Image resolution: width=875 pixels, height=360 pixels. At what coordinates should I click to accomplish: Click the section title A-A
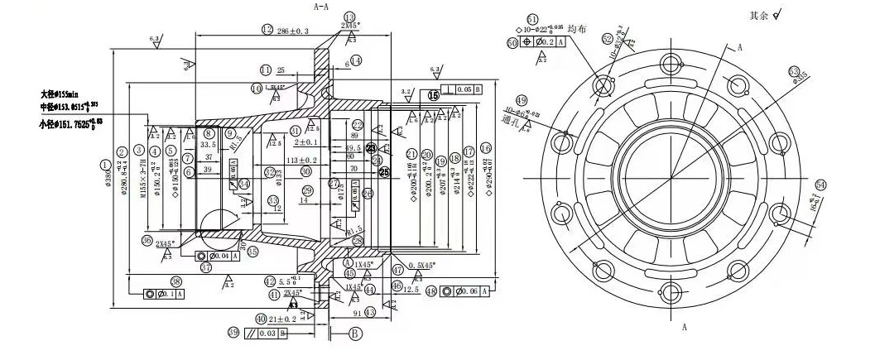(x=322, y=6)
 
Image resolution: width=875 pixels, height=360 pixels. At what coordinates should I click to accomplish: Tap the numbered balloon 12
(x=267, y=30)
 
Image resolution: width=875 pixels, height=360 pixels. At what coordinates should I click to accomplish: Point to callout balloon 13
(x=349, y=17)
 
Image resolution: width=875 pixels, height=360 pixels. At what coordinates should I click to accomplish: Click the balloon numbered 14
(x=356, y=60)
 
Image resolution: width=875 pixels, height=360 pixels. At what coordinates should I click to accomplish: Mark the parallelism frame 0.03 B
(x=267, y=333)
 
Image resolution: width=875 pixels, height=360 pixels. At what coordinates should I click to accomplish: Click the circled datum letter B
(x=355, y=334)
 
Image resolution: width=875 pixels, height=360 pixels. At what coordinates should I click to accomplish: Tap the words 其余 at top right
(x=758, y=15)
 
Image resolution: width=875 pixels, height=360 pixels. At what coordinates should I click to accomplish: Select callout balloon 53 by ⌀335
(x=794, y=72)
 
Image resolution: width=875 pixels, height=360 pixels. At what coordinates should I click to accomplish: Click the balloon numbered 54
(x=820, y=184)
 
